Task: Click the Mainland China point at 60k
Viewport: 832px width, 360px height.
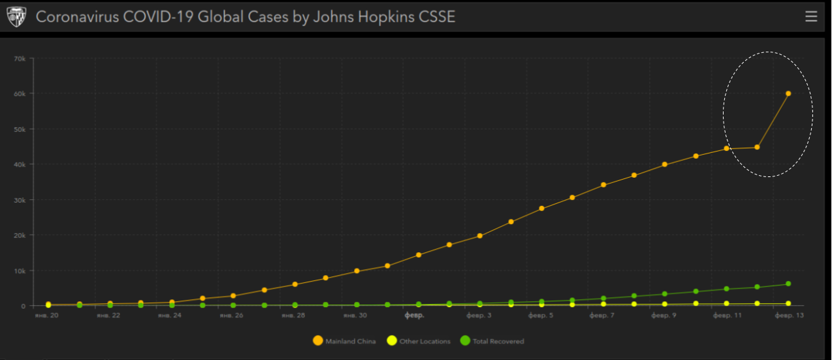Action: tap(788, 93)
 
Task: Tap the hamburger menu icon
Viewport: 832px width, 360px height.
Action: tap(811, 17)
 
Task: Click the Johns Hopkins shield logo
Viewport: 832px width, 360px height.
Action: tap(16, 17)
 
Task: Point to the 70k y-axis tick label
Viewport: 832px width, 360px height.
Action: tap(20, 59)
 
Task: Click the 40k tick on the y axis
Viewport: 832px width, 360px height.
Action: tap(20, 165)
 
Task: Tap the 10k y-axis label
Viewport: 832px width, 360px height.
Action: tap(20, 270)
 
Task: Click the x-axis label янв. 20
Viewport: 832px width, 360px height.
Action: tap(46, 316)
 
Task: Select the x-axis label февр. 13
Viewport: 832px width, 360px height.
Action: tap(789, 316)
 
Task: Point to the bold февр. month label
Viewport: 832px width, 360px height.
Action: tap(415, 316)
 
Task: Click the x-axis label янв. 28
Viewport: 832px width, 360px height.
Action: tap(293, 316)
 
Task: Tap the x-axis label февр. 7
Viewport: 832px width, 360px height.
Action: tap(601, 316)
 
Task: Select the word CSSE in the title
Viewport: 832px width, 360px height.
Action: tap(434, 17)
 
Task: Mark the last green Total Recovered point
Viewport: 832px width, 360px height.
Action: tap(788, 284)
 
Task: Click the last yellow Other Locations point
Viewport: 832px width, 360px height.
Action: tap(788, 303)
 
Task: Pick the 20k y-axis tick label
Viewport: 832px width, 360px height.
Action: tap(20, 235)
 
